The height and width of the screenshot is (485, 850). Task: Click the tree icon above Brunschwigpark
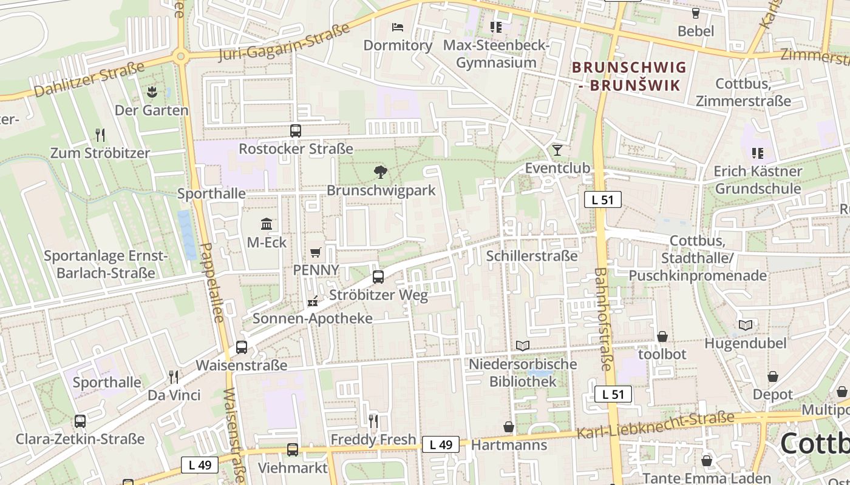pos(380,172)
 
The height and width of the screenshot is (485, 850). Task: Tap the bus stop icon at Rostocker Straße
pos(295,130)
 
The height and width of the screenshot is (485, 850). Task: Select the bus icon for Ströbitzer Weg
pos(378,277)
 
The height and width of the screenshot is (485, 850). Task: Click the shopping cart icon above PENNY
pos(315,252)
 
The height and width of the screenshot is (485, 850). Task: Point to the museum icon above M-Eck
pos(267,224)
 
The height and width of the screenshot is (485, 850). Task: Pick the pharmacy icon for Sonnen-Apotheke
pos(313,301)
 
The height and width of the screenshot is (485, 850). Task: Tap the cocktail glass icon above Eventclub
pos(557,150)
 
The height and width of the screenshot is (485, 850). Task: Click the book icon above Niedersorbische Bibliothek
pos(522,346)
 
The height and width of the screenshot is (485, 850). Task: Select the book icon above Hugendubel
pos(745,325)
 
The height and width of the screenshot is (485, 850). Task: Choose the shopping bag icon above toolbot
pos(662,336)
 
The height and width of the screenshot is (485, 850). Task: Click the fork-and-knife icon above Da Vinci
pos(174,377)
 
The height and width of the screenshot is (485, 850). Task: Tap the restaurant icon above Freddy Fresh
pos(373,421)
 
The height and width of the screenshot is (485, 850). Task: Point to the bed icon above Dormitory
pos(398,27)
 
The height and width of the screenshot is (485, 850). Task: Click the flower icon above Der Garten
pos(151,92)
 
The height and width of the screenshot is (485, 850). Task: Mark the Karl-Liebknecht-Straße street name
pos(656,426)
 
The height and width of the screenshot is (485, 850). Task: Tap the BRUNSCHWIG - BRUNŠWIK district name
pos(629,76)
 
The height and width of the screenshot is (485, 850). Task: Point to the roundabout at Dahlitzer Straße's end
pos(180,57)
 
